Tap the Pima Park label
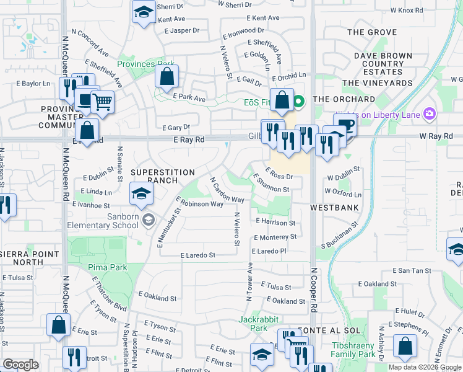click(111, 267)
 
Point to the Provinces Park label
click(146, 64)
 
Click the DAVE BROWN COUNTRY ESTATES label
click(383, 64)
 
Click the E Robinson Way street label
click(199, 203)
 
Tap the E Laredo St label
click(197, 255)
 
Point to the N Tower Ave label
click(249, 282)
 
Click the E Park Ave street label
click(189, 97)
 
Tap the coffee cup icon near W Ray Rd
click(345, 124)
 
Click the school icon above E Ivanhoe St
click(141, 193)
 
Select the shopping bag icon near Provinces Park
click(167, 77)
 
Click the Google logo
click(20, 365)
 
